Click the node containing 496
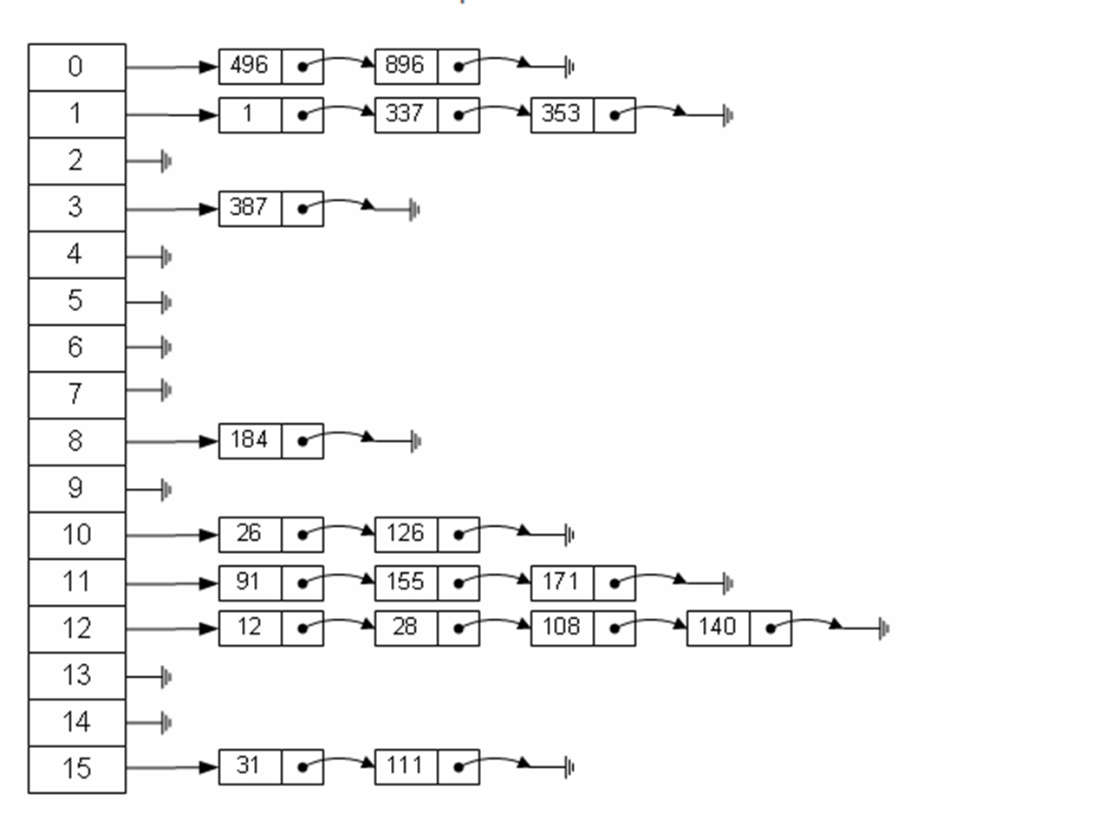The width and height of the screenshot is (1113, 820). point(250,67)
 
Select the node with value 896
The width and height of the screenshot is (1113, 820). point(406,67)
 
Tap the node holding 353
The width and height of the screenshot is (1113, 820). point(562,114)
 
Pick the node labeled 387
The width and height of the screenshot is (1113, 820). point(250,208)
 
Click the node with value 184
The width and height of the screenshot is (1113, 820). point(250,441)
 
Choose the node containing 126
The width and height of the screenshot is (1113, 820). point(406,534)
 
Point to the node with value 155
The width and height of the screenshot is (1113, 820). point(406,582)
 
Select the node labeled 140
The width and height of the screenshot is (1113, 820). point(718,628)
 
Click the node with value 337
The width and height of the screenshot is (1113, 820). point(406,114)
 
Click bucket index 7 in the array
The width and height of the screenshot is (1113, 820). point(76,395)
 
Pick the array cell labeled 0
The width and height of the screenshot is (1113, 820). point(76,68)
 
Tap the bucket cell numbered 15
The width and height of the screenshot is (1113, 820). point(76,769)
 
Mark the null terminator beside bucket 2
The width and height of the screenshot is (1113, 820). point(166,161)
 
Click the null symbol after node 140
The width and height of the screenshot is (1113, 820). point(883,628)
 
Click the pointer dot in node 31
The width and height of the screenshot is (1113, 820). point(303,767)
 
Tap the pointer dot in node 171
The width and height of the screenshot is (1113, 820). point(615,582)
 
